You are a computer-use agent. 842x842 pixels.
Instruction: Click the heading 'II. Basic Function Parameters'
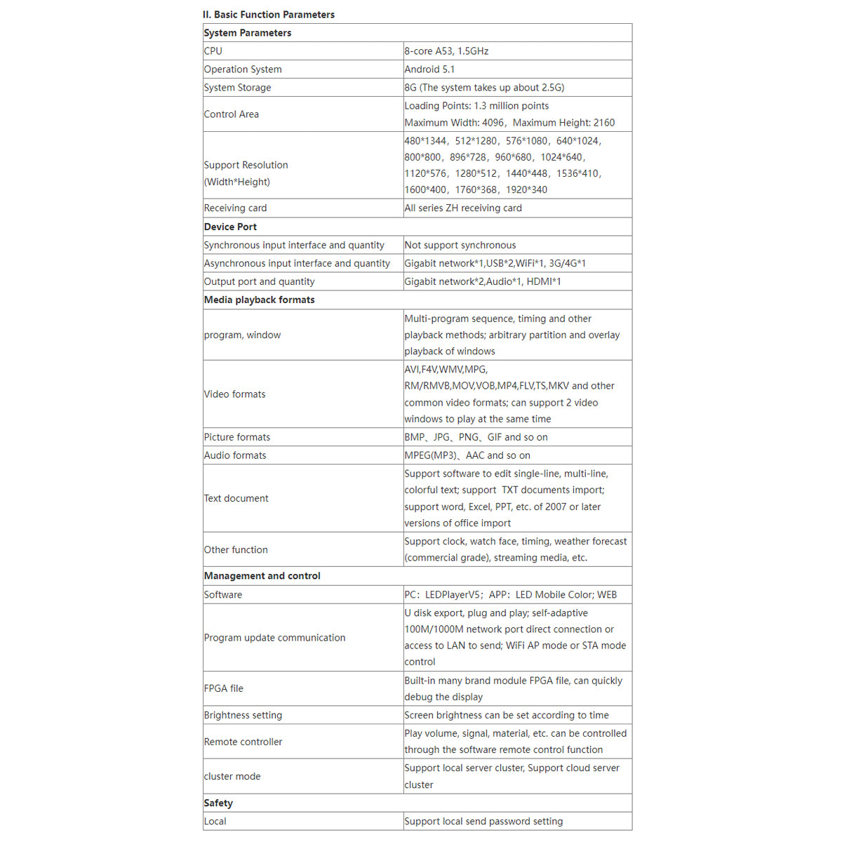pos(269,14)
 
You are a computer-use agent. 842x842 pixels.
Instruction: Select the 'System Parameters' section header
pos(247,33)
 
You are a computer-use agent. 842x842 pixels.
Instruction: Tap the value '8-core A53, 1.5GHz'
pos(446,51)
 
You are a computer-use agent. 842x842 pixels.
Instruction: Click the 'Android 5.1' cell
pos(429,69)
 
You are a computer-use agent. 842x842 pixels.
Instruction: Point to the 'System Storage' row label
pos(237,88)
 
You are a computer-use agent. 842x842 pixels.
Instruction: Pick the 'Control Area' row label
pos(232,114)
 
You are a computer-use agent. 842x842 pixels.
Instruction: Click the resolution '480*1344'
pos(425,141)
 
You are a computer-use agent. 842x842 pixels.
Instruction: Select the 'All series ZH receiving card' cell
pos(463,208)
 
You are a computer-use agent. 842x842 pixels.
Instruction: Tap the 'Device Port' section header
pos(230,227)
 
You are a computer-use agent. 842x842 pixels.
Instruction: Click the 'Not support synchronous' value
pos(460,245)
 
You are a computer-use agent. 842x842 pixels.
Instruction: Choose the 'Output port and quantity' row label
pos(259,281)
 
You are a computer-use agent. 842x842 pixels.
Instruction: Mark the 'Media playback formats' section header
pos(259,300)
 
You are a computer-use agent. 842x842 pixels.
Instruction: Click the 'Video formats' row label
pos(234,394)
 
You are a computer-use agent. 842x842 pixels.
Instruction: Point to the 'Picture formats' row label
pos(236,437)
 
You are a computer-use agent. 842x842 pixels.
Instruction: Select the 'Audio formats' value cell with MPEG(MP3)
pos(467,455)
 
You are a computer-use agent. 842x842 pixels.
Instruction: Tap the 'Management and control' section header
pos(262,576)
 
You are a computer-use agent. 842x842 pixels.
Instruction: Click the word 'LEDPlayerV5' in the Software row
pos(453,595)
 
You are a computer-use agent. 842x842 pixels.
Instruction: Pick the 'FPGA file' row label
pos(223,689)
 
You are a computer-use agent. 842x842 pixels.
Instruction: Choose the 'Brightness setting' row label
pos(243,715)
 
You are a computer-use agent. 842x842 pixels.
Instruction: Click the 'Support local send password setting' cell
pos(483,822)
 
